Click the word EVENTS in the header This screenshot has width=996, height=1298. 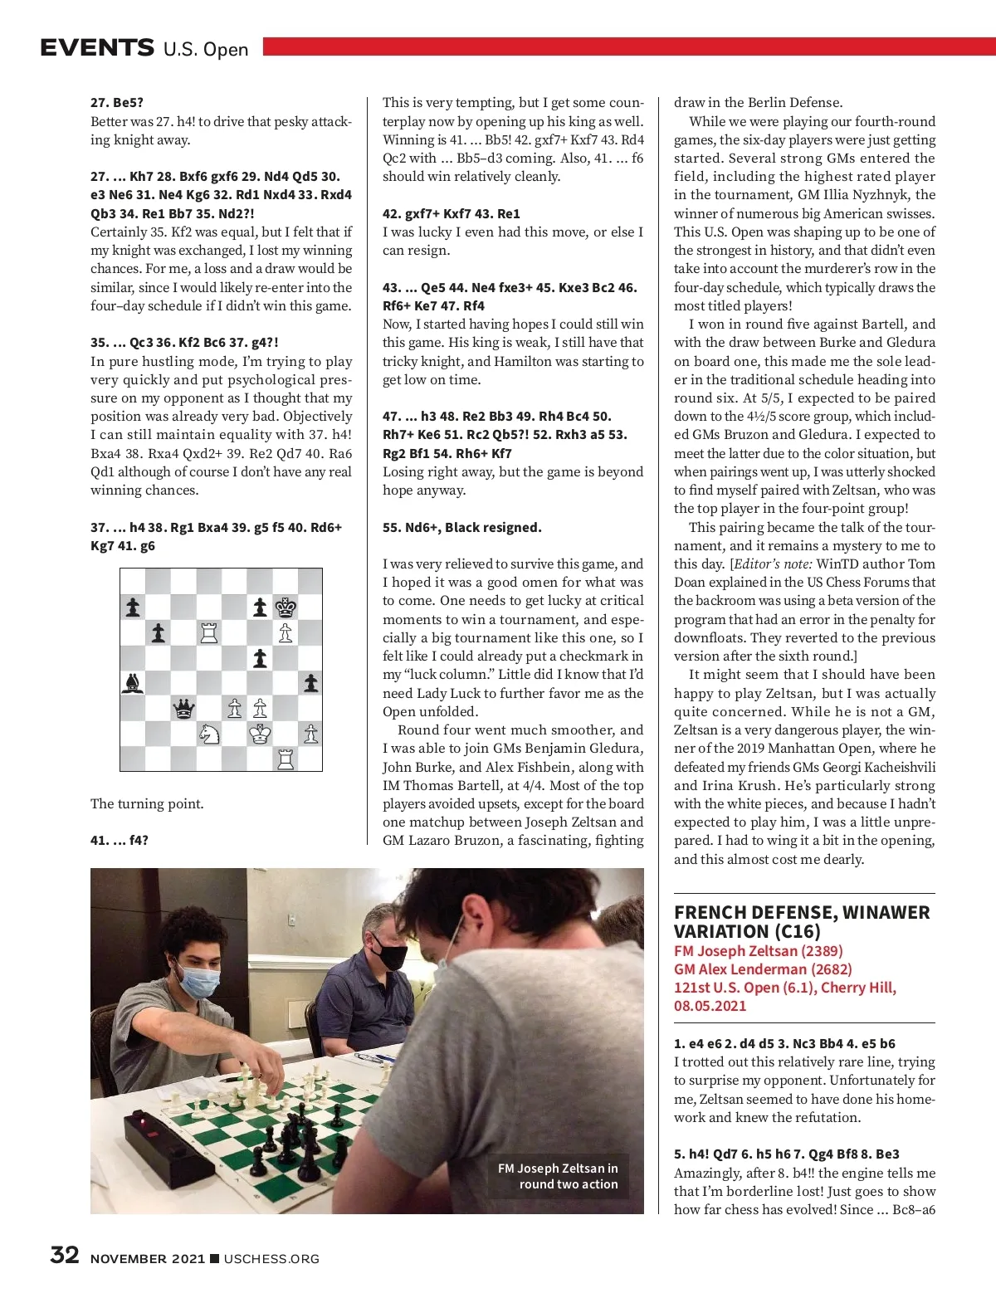(97, 47)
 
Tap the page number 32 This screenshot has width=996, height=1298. (65, 1255)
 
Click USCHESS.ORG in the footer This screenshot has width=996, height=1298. (271, 1258)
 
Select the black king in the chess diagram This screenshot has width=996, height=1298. (286, 608)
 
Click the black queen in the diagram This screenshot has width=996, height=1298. (183, 709)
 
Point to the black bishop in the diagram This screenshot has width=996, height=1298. (133, 683)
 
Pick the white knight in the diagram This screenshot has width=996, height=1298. (209, 734)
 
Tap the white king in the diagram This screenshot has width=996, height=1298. (260, 734)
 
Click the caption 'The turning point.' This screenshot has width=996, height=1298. (147, 803)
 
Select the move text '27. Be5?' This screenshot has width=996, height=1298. (117, 103)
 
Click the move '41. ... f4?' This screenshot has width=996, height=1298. (120, 840)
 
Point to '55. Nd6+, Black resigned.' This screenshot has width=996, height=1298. (461, 527)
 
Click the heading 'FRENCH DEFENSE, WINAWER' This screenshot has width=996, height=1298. (802, 912)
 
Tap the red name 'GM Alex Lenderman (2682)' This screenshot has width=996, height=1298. (763, 969)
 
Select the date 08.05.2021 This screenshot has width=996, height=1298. (710, 1006)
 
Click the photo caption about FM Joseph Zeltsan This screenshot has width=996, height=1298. (558, 1176)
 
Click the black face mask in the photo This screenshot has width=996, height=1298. (387, 955)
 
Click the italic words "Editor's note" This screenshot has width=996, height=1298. (773, 564)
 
